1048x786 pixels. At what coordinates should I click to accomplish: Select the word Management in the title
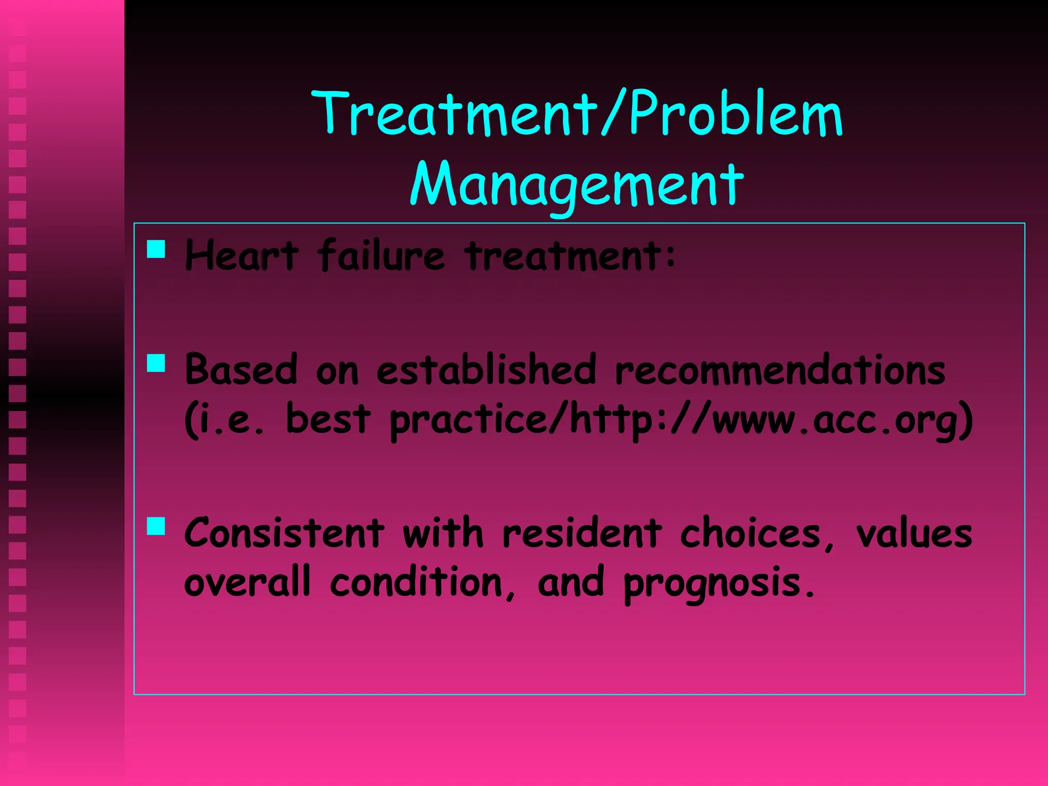click(x=577, y=184)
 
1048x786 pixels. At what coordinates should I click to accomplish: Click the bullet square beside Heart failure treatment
click(x=156, y=249)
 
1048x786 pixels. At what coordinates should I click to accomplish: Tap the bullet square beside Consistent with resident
click(x=156, y=526)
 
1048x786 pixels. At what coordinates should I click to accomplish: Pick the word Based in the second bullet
click(x=241, y=369)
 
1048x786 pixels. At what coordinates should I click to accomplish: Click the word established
click(x=487, y=369)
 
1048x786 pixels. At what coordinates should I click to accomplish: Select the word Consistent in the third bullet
click(x=284, y=533)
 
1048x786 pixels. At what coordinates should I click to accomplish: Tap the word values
click(x=914, y=533)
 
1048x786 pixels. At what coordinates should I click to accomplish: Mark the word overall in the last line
click(x=247, y=582)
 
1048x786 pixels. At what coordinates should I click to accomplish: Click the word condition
click(x=422, y=582)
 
